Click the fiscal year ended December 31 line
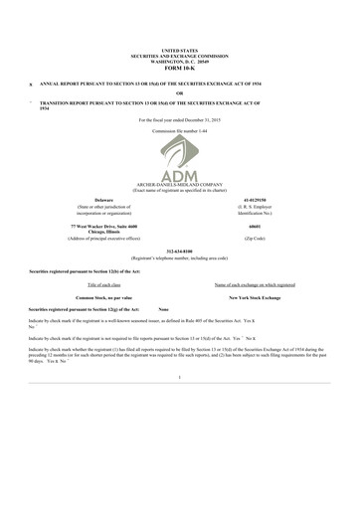point(180,119)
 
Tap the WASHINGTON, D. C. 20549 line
point(180,60)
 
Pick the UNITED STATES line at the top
point(180,49)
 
